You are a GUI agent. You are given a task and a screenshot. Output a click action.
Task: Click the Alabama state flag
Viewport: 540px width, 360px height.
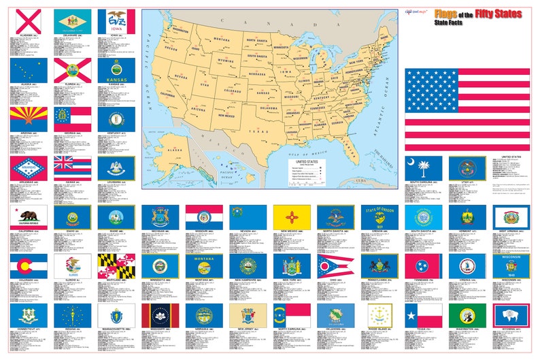[28, 20]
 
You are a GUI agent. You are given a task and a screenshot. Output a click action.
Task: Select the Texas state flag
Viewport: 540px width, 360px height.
[424, 315]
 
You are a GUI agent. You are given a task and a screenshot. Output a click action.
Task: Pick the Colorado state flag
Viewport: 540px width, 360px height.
[28, 266]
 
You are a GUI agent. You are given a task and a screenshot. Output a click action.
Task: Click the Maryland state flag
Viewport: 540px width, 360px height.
[116, 266]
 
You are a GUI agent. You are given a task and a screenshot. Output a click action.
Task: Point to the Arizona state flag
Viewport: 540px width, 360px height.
[28, 118]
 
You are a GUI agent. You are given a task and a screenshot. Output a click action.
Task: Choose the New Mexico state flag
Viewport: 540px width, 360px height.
[292, 217]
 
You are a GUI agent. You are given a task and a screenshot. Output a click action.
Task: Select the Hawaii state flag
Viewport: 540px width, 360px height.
[72, 167]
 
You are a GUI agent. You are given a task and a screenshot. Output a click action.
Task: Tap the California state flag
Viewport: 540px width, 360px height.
[28, 217]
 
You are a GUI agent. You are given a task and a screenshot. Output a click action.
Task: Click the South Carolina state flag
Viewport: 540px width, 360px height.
[424, 167]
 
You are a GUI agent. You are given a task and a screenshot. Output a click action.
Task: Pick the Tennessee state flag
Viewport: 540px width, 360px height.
[424, 266]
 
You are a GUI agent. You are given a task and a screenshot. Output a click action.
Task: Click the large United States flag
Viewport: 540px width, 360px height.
[467, 109]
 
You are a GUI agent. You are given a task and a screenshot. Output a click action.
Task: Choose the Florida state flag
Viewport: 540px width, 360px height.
[72, 69]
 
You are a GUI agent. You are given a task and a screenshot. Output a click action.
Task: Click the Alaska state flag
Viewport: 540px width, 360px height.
[28, 69]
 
